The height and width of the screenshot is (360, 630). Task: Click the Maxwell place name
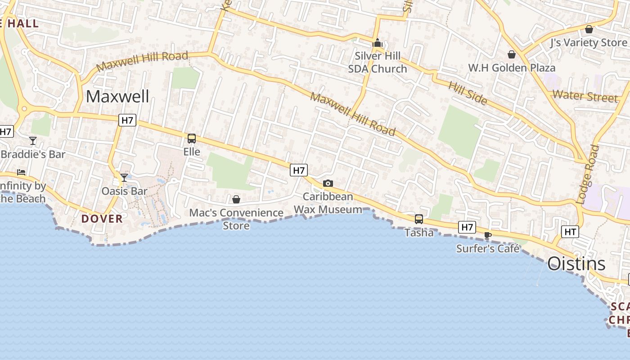click(x=117, y=96)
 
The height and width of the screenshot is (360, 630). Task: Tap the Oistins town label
click(x=576, y=264)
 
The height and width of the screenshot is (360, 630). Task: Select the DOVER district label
click(x=102, y=219)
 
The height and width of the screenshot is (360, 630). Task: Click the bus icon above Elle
click(x=192, y=138)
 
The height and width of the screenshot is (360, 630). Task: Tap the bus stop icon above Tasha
click(x=419, y=219)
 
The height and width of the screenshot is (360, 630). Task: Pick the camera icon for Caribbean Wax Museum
click(x=328, y=183)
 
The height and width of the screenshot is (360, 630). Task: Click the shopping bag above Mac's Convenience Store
click(x=236, y=199)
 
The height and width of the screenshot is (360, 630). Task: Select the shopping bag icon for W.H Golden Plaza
click(x=511, y=54)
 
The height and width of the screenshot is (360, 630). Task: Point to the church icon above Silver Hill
click(x=377, y=43)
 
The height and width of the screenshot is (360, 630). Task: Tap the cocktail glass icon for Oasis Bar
click(x=124, y=178)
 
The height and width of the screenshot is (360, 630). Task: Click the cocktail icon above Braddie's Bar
click(x=33, y=141)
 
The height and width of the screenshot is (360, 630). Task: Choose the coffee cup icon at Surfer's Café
click(x=487, y=235)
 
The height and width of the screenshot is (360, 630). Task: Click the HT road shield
click(x=570, y=232)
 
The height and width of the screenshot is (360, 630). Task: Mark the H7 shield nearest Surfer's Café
click(x=467, y=227)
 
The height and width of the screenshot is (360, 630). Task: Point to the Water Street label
click(x=585, y=96)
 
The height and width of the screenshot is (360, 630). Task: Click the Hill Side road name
click(x=468, y=93)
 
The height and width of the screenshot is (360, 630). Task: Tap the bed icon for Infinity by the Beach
click(x=21, y=172)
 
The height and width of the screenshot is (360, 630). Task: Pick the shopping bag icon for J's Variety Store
click(x=589, y=30)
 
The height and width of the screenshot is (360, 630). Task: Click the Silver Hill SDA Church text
click(x=378, y=62)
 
